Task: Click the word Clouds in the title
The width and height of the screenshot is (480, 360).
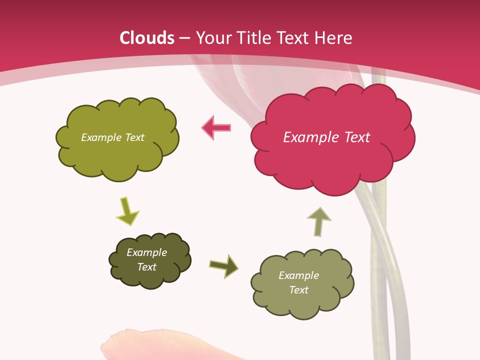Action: [x=147, y=38]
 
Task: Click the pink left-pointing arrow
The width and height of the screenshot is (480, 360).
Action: [x=216, y=128]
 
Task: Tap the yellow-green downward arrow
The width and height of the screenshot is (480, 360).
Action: [x=127, y=211]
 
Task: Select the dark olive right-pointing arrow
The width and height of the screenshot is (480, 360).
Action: [x=223, y=265]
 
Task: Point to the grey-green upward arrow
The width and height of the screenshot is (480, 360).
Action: [x=318, y=221]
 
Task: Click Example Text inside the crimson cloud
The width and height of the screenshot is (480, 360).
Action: [x=326, y=137]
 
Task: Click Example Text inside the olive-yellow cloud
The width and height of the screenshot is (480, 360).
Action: [x=112, y=137]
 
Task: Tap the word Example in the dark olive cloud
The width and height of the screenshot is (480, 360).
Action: [x=146, y=252]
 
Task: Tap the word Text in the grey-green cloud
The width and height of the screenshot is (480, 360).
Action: [x=298, y=290]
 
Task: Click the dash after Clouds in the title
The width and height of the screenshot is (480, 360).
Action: [x=184, y=38]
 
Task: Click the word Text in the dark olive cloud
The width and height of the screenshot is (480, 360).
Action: [x=146, y=267]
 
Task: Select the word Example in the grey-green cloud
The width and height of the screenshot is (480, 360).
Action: [x=298, y=275]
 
